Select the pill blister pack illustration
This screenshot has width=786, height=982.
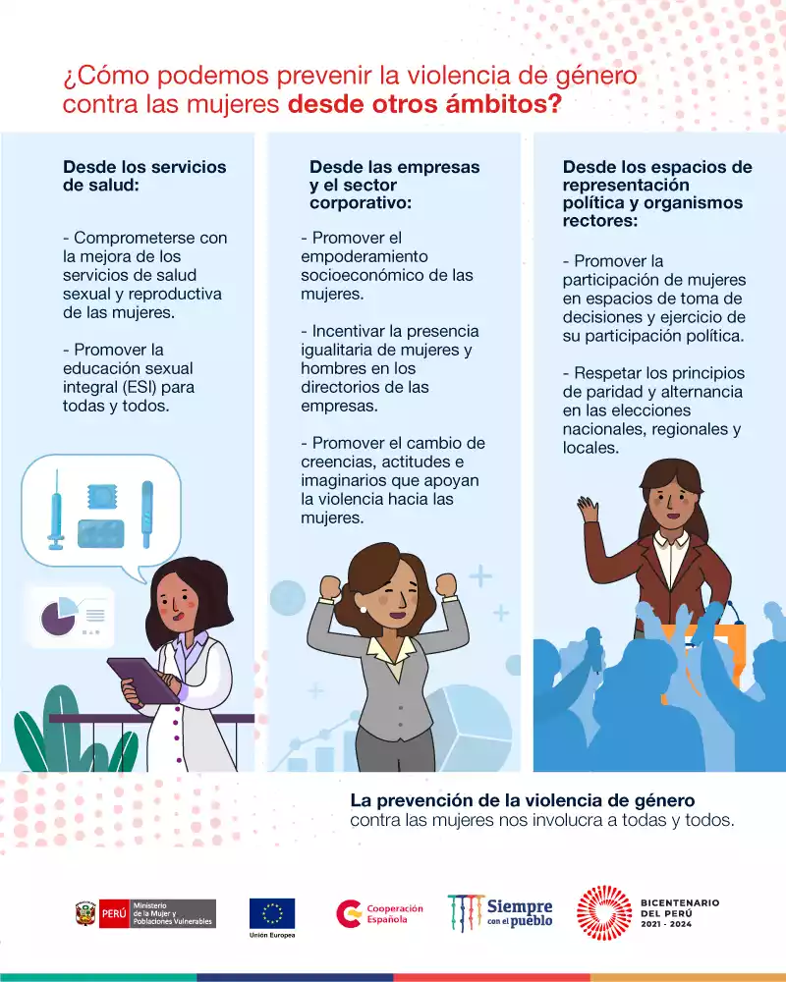(x=101, y=533)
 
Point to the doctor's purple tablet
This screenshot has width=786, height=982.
(x=142, y=681)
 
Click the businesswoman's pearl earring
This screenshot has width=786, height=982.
(x=363, y=609)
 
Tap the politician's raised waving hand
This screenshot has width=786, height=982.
(x=588, y=509)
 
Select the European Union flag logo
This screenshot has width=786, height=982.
(x=272, y=913)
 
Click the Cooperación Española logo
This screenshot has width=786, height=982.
(x=379, y=913)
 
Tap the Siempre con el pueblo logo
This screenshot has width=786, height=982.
(x=500, y=913)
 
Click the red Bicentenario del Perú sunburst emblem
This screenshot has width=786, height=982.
(x=604, y=913)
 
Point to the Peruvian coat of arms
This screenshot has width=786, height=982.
(x=85, y=913)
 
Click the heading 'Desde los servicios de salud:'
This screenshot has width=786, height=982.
(x=144, y=176)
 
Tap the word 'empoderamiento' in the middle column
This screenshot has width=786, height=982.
(x=365, y=256)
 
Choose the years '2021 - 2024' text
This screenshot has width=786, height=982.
(x=666, y=924)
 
